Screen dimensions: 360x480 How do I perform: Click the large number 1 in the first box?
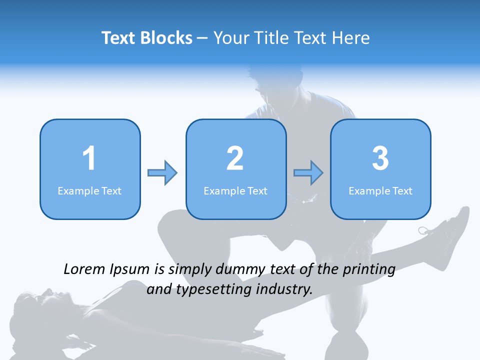coord(89,158)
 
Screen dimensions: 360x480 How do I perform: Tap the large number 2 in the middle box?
coord(235,158)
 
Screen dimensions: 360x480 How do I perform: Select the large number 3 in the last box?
coord(380,158)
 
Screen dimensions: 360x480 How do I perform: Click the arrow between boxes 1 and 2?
coord(162,173)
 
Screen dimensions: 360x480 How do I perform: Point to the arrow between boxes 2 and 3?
coord(308,173)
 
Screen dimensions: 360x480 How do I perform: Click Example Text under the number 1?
coord(89,190)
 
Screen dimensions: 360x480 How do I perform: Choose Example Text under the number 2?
coord(235,190)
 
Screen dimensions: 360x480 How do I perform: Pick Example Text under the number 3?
coord(380,190)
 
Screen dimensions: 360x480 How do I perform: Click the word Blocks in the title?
coord(166,38)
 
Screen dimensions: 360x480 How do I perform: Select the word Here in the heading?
coord(352,38)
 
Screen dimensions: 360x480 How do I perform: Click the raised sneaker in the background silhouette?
coord(447,225)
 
